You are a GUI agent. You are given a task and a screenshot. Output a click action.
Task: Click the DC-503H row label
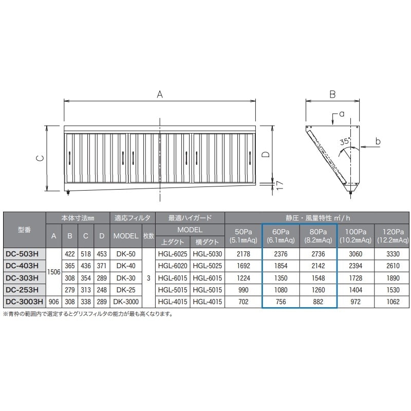[x=22, y=254]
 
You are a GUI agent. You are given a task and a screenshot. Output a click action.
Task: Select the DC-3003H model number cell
[x=24, y=302]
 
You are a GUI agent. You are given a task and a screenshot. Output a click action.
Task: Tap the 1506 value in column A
[x=54, y=272]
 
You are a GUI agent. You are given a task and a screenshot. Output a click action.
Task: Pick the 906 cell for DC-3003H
[x=54, y=302]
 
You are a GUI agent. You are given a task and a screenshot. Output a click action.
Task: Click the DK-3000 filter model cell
[x=126, y=302]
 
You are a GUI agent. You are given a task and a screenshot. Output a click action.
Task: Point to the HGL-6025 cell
[x=173, y=254]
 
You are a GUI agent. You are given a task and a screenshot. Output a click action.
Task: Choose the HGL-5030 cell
[x=208, y=254]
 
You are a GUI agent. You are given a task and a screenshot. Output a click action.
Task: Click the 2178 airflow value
[x=243, y=254]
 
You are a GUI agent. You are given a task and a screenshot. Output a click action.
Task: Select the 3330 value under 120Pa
[x=393, y=254]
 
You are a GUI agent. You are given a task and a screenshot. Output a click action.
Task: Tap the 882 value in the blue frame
[x=318, y=302]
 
